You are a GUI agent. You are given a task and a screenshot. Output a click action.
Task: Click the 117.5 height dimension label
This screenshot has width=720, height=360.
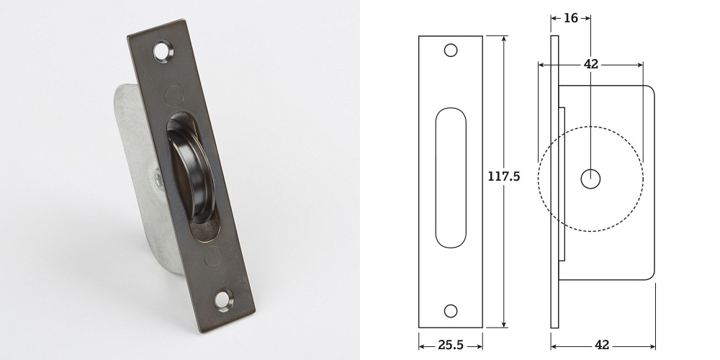click(x=503, y=176)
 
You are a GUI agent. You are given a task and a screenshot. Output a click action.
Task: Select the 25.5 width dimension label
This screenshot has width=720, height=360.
click(x=451, y=345)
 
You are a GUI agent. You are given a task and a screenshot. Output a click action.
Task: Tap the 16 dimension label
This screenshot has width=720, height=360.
click(x=571, y=18)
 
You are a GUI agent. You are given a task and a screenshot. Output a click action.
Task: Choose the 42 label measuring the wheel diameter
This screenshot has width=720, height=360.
click(x=591, y=64)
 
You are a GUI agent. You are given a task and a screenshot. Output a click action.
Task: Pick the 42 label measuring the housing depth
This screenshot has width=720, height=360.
click(x=603, y=345)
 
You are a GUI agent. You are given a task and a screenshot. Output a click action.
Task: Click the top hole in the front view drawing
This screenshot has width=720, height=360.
click(x=451, y=50)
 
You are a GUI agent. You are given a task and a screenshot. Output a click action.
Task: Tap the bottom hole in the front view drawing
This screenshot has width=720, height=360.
click(x=451, y=310)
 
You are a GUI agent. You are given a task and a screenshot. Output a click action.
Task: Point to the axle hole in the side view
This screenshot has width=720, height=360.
click(x=590, y=179)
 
